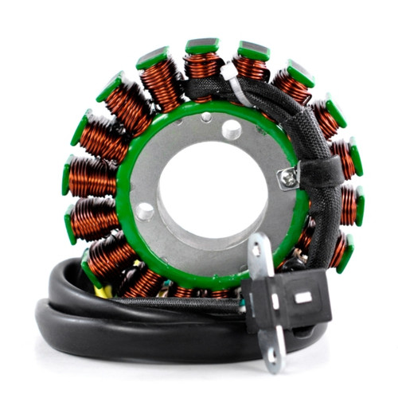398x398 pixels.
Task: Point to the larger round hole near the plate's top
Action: coord(232,129)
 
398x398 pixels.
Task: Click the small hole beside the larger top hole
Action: coord(207,118)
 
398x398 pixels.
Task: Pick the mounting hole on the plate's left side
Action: coord(145,212)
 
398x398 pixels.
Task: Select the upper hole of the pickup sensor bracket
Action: coord(257,251)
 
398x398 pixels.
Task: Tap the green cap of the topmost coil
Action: coord(202,45)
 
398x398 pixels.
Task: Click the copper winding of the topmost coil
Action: coord(202,67)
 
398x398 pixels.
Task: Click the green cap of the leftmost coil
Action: coord(68,176)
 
